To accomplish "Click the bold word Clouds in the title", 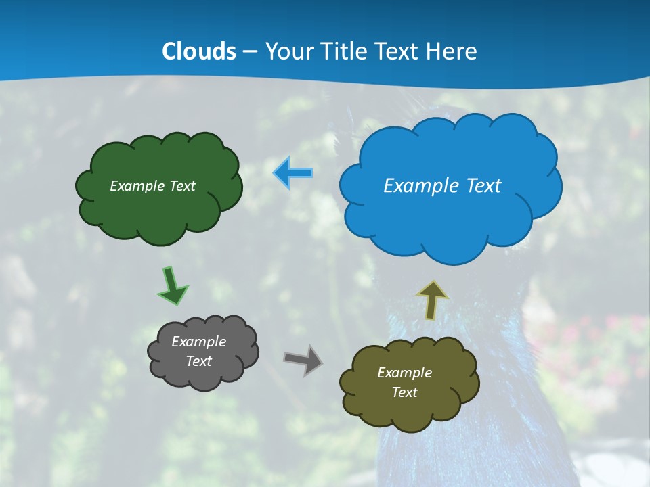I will coord(198,51).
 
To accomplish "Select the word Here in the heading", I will coord(452,51).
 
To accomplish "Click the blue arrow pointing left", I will coord(292,173).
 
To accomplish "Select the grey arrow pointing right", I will coord(303,359).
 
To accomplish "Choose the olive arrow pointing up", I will coord(432,300).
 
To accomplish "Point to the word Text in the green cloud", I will coord(183,186).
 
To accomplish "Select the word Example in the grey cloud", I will coord(198,342).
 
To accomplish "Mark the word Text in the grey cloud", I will coord(198,361).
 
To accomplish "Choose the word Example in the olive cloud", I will coord(404,373).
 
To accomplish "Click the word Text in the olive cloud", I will coord(404,392).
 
